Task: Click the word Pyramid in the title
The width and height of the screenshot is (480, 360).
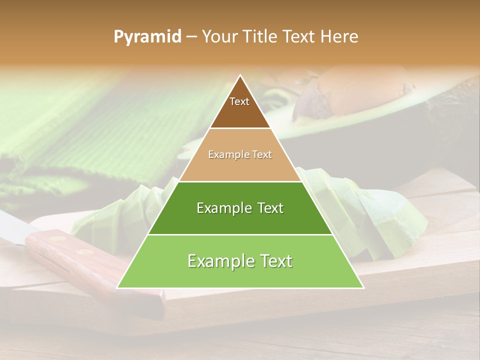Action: tap(147, 37)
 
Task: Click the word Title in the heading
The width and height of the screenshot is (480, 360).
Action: tap(262, 37)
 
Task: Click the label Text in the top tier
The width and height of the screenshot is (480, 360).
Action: tap(239, 101)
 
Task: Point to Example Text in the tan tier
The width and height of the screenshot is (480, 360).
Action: tap(240, 154)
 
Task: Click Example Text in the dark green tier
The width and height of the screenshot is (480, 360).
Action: tap(240, 208)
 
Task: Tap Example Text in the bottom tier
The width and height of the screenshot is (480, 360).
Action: tap(240, 261)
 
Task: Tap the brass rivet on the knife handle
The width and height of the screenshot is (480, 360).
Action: tap(58, 239)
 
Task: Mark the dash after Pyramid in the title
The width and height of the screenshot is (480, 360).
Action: tap(191, 37)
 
